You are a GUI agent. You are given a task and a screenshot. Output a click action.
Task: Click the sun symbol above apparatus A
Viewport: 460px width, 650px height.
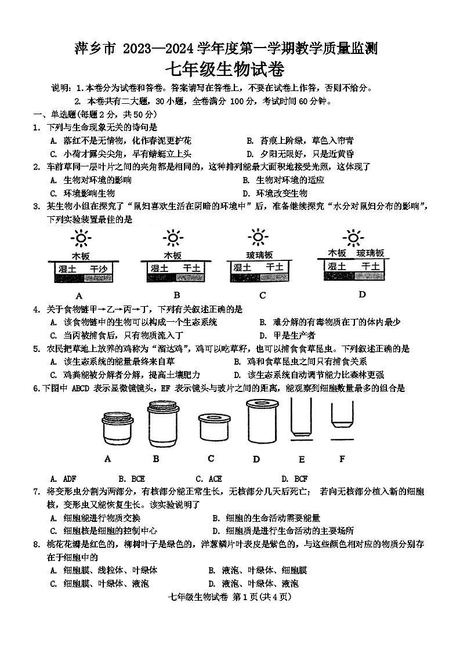(x=81, y=238)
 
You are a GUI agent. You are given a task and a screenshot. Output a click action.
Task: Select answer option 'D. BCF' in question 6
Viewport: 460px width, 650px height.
(x=295, y=478)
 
